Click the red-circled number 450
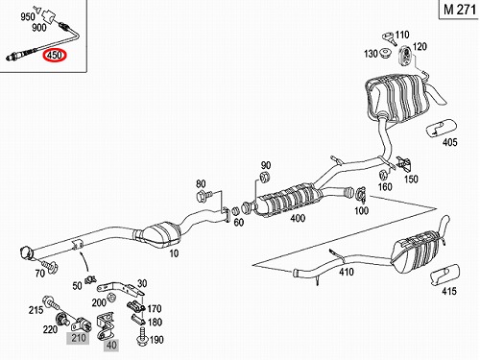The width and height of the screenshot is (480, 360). point(55,55)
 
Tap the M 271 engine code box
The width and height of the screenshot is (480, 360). point(460,10)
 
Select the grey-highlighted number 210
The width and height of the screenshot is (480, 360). point(78,338)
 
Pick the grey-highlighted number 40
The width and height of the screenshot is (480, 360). point(111,346)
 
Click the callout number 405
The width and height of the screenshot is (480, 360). point(449,142)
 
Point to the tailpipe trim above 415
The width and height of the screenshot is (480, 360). point(444,275)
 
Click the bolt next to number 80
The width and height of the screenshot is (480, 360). point(204,194)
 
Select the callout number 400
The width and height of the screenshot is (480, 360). point(298,219)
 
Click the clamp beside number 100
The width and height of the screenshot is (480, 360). point(361,194)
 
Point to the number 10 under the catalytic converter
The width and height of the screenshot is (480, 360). point(174,253)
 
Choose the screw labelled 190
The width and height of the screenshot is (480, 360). point(141,340)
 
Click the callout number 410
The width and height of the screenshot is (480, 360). point(346,272)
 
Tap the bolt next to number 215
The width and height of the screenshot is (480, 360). point(51,303)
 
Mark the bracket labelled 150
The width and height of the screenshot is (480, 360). point(403,163)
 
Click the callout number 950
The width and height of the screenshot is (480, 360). point(28,16)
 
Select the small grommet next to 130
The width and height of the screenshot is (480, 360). point(385,53)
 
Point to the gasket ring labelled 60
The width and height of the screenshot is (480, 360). point(235,211)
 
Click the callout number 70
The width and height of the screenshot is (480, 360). point(39,273)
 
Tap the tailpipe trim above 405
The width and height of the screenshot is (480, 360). point(441,128)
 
